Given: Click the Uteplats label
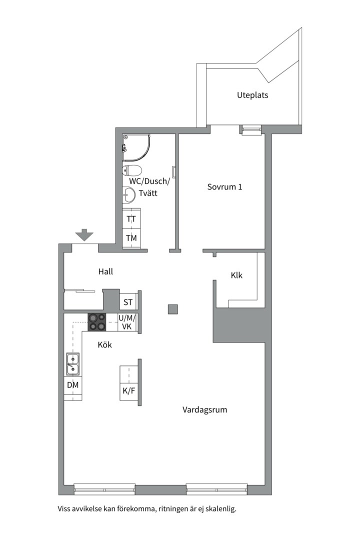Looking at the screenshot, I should click(x=252, y=95).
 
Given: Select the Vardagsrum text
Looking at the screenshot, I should click(x=205, y=410).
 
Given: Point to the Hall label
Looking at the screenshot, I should click(x=105, y=271).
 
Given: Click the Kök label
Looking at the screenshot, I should click(x=105, y=345).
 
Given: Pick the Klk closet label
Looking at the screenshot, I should click(x=236, y=275).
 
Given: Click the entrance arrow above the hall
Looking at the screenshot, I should click(x=84, y=234).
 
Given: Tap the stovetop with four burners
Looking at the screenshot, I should click(x=97, y=322).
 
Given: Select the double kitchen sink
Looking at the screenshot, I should click(x=72, y=363).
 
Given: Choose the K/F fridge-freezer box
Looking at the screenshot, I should click(x=129, y=390).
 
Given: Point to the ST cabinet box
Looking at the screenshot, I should click(x=128, y=302).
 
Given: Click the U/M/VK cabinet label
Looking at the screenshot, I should click(x=127, y=322).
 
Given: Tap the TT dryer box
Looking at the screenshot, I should click(x=131, y=219).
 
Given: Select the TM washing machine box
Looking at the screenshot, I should click(x=131, y=238).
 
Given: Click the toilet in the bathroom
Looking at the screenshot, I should click(x=132, y=170).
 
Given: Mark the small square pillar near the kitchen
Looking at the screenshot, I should click(x=172, y=309).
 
